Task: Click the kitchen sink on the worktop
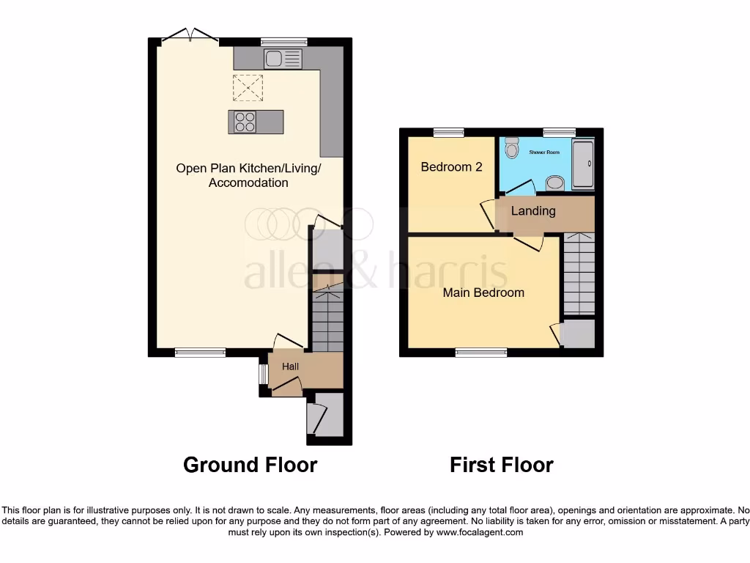point(283,59)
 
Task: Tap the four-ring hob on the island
point(245,122)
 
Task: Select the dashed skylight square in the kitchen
point(248,89)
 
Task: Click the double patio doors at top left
point(190,37)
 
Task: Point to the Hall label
point(291,366)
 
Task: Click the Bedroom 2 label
point(451,166)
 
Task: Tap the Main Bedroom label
point(483,292)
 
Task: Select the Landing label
point(532,211)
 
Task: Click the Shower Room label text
point(543,152)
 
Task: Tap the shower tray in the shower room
point(583,164)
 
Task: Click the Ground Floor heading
point(250,465)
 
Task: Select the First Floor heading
point(502,465)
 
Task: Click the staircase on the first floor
point(579,273)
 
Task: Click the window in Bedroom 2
point(448,133)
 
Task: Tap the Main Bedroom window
point(481,353)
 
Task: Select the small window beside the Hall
point(263,374)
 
